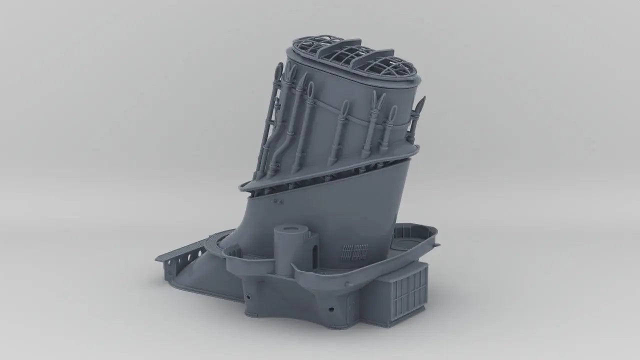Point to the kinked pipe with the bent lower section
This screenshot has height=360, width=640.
point(285,140)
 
